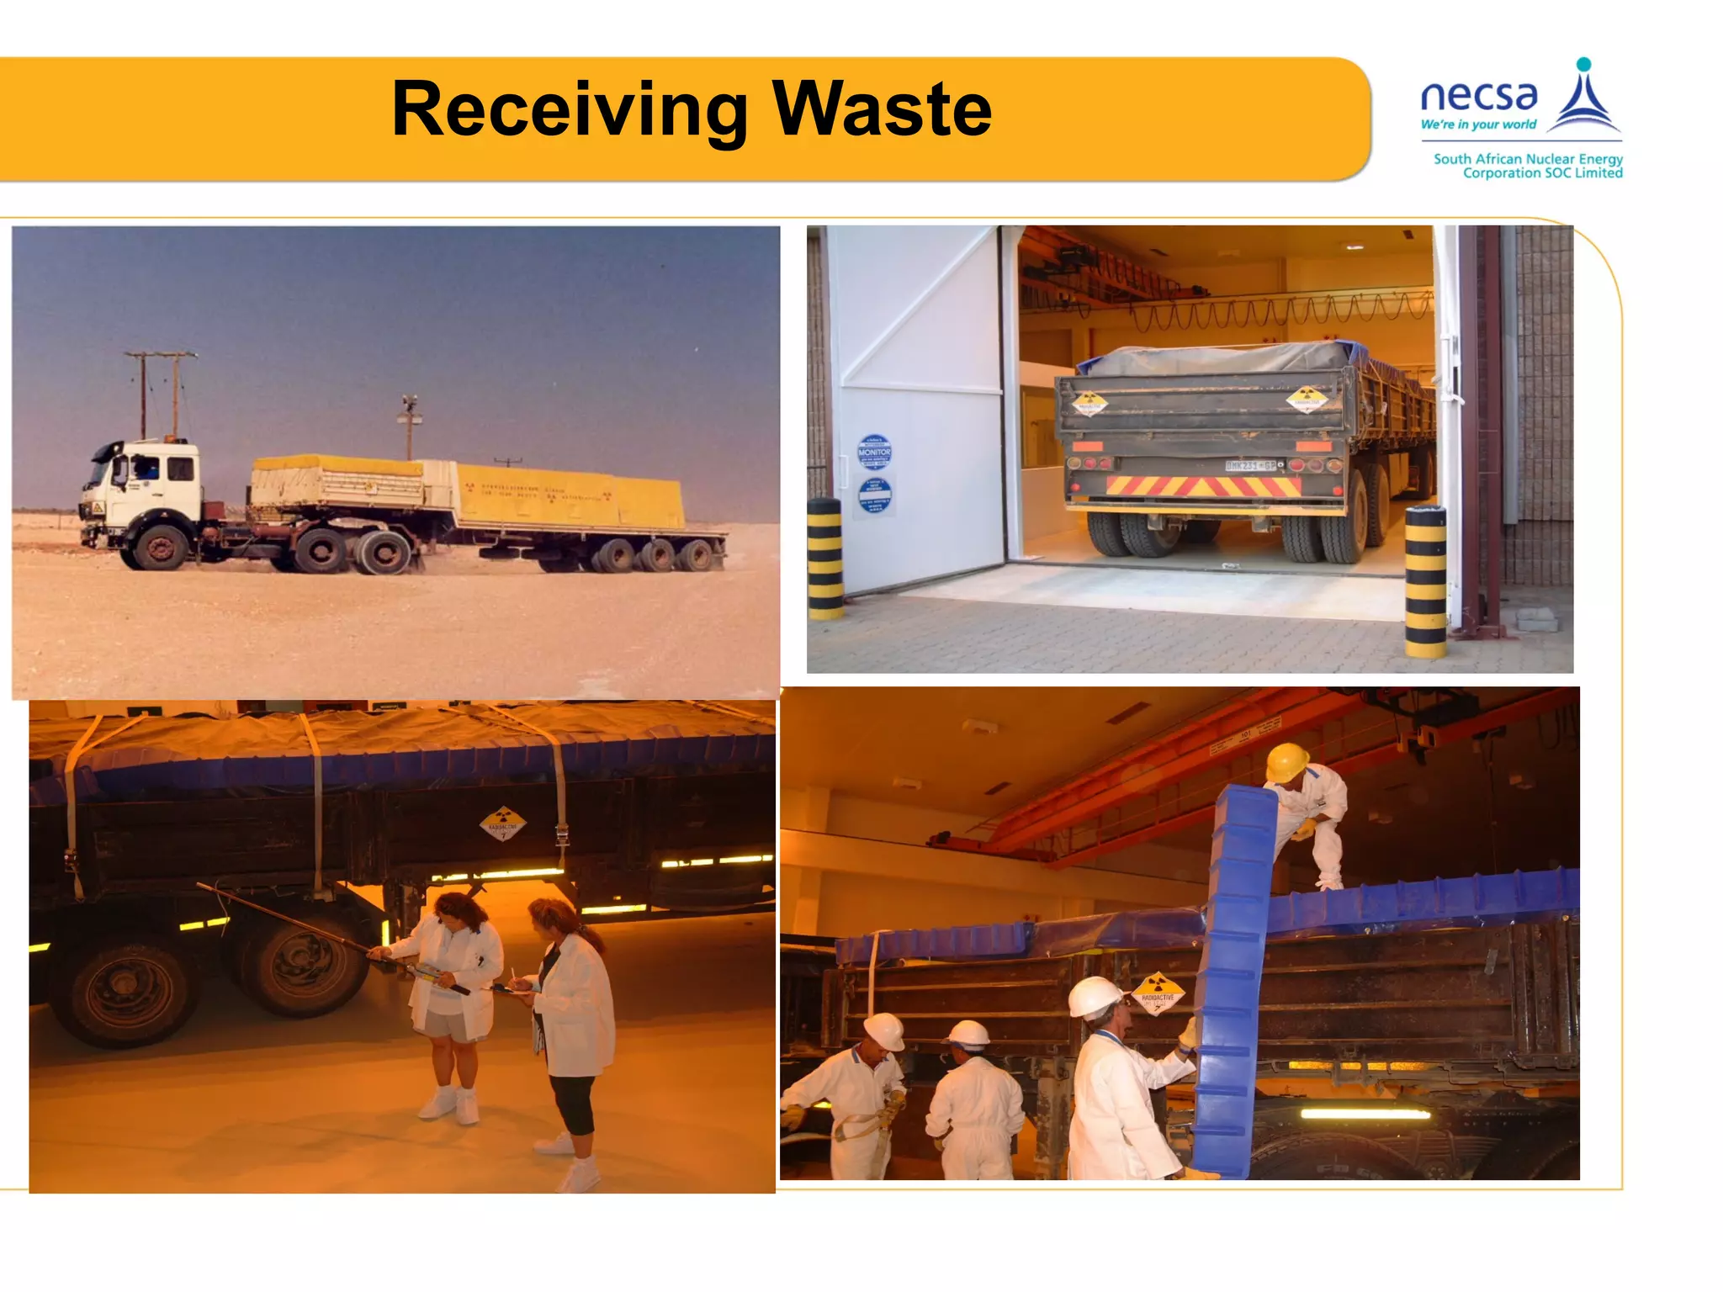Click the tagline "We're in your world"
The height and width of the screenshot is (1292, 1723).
[1478, 124]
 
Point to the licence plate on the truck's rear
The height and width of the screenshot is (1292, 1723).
[1250, 465]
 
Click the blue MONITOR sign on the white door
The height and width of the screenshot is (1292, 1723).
[874, 452]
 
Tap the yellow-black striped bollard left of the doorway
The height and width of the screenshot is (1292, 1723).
[825, 559]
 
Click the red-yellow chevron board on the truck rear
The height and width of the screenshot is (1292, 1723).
[1204, 486]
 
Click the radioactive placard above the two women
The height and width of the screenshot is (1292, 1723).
[503, 824]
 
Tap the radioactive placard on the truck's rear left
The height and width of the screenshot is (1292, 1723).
[1090, 403]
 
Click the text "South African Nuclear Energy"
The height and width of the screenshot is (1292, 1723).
[1528, 159]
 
